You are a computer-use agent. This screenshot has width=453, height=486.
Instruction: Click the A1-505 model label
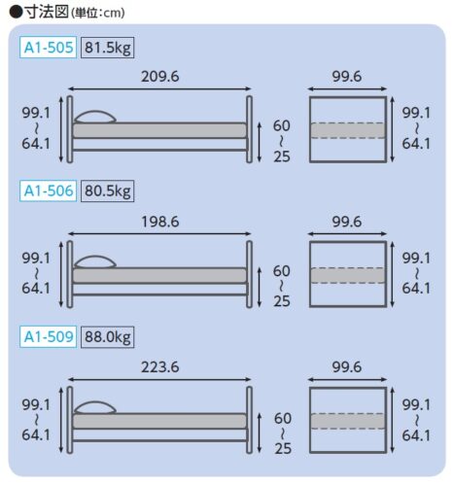pyautogui.click(x=48, y=48)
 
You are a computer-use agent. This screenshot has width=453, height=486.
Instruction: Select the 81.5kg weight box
pyautogui.click(x=108, y=48)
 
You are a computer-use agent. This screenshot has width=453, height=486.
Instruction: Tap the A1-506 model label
pyautogui.click(x=48, y=191)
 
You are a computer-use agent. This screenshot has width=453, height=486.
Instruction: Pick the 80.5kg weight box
pyautogui.click(x=108, y=191)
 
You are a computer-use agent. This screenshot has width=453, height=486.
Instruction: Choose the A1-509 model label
pyautogui.click(x=48, y=336)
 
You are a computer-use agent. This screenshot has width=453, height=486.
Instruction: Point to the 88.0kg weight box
pyautogui.click(x=108, y=337)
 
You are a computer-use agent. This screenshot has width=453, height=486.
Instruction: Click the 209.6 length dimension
pyautogui.click(x=160, y=77)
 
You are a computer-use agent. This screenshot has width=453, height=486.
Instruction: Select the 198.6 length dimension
pyautogui.click(x=160, y=222)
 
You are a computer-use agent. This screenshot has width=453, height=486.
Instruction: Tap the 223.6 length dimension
pyautogui.click(x=160, y=367)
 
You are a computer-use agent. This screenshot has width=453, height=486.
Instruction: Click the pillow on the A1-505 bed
pyautogui.click(x=95, y=118)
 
